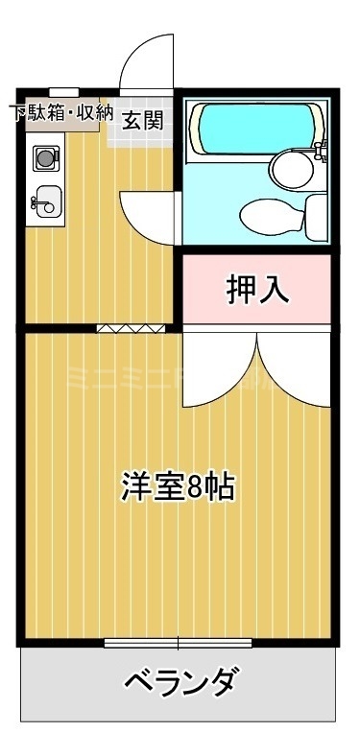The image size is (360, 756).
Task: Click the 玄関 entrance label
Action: point(142,120)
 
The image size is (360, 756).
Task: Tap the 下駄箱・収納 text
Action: point(60,112)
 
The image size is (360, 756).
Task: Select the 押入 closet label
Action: point(257,289)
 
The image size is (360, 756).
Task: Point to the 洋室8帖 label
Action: point(178,486)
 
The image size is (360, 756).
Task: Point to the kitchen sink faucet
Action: point(36,201)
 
